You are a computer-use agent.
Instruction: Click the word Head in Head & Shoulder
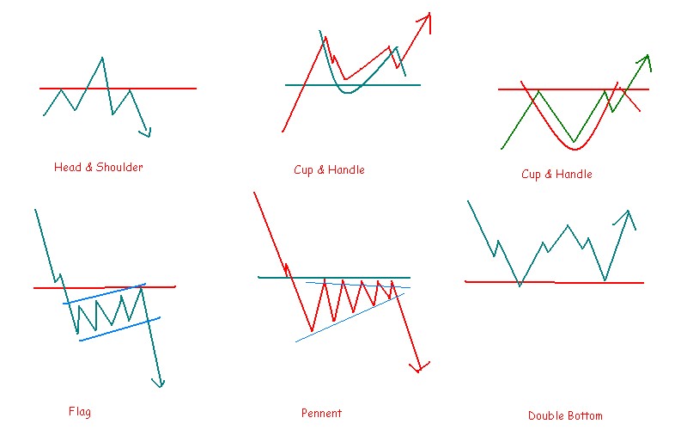(68, 167)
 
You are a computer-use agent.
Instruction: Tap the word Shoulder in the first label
(119, 167)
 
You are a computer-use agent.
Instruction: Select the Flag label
(80, 412)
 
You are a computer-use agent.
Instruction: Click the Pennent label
(321, 413)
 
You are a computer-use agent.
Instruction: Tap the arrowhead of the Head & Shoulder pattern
(146, 132)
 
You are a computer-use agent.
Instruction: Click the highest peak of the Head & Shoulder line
(102, 58)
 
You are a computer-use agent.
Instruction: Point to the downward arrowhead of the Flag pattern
(159, 383)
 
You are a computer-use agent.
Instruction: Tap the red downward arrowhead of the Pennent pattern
(419, 367)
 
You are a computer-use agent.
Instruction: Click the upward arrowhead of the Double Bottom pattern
(627, 218)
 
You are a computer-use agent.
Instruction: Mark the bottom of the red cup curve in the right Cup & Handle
(575, 149)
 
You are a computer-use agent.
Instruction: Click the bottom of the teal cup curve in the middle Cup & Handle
(348, 93)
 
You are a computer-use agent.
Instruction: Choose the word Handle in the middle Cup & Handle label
(346, 169)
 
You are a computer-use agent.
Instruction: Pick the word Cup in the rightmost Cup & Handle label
(531, 175)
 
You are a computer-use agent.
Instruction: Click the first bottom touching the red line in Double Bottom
(520, 285)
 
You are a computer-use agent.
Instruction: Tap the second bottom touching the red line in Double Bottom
(605, 280)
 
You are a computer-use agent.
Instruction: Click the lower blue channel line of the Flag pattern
(119, 329)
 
